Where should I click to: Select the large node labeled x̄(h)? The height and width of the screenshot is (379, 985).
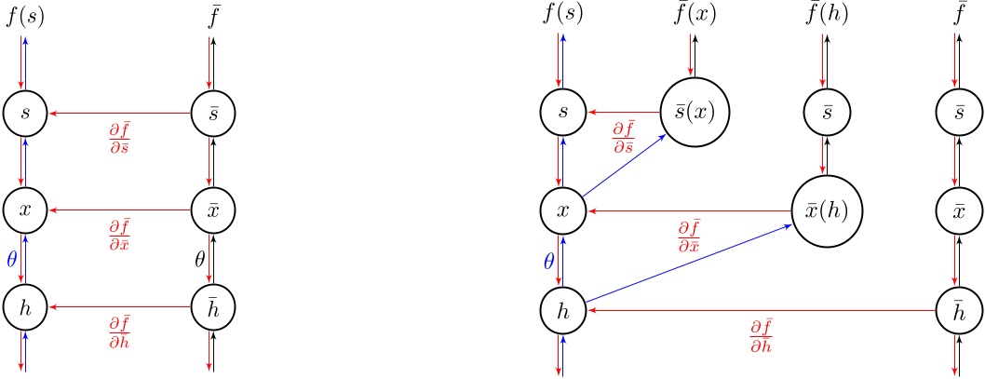click(x=827, y=210)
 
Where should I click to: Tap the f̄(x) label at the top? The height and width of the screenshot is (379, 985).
click(x=694, y=16)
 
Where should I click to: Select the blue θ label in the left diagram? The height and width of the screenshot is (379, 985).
click(x=11, y=260)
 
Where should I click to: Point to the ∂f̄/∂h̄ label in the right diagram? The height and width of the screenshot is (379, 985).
click(x=762, y=336)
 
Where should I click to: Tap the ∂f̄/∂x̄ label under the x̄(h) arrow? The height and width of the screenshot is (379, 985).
click(x=689, y=237)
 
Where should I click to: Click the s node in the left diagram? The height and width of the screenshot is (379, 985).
click(x=25, y=114)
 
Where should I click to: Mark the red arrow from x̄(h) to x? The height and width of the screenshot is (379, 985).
click(x=689, y=210)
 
